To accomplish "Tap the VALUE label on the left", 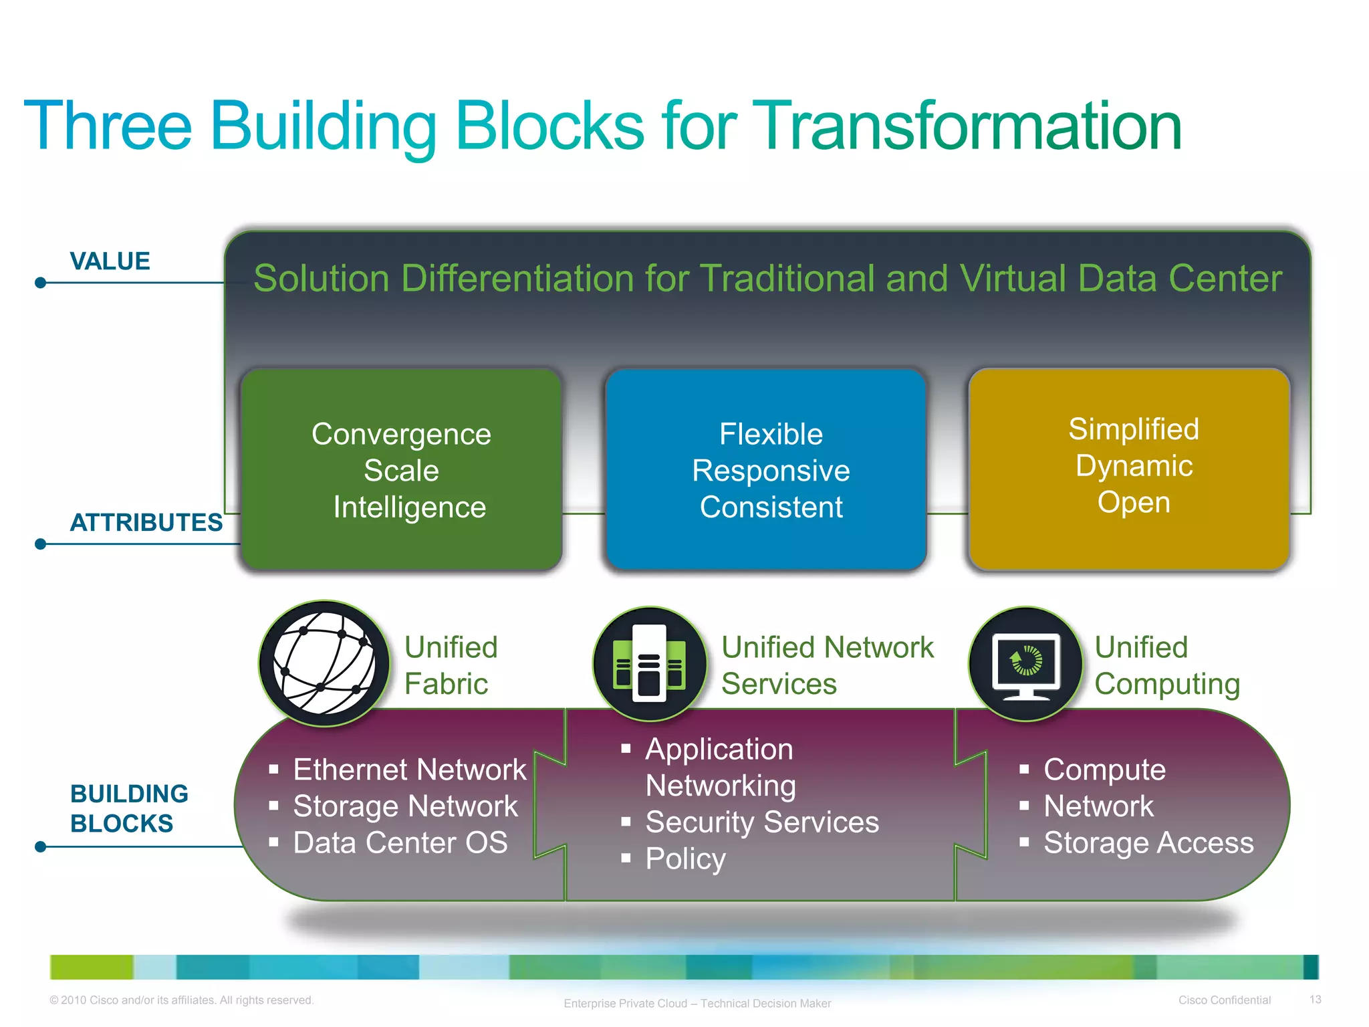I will (x=110, y=261).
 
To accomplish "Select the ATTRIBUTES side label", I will (x=146, y=522).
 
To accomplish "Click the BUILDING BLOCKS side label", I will (x=129, y=808).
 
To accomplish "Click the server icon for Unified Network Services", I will (x=649, y=664).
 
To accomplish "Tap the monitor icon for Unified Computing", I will (x=1026, y=664).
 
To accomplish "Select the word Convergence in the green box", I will (x=401, y=435).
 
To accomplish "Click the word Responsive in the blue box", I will (x=771, y=471).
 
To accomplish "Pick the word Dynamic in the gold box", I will (x=1134, y=466).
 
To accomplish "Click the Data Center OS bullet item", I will (x=400, y=842).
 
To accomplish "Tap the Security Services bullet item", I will (x=761, y=822).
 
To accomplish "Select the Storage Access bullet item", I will (x=1148, y=842).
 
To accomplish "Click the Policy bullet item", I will (x=685, y=859).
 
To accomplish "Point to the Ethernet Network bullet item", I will (x=409, y=770).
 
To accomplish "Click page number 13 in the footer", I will (x=1315, y=1000).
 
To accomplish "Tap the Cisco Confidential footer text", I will (x=1224, y=1000).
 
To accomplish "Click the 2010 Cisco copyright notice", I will (x=182, y=1000).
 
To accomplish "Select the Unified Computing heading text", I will (x=1166, y=665).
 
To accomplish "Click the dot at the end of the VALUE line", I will (x=41, y=283).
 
